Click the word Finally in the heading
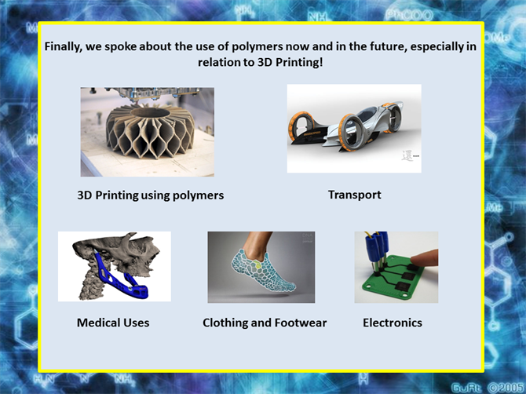point(63,46)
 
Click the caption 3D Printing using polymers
point(150,195)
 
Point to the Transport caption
point(354,195)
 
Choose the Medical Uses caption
point(113,323)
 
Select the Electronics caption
point(393,323)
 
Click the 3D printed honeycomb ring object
point(150,131)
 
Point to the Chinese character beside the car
point(407,156)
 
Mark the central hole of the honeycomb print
point(150,112)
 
